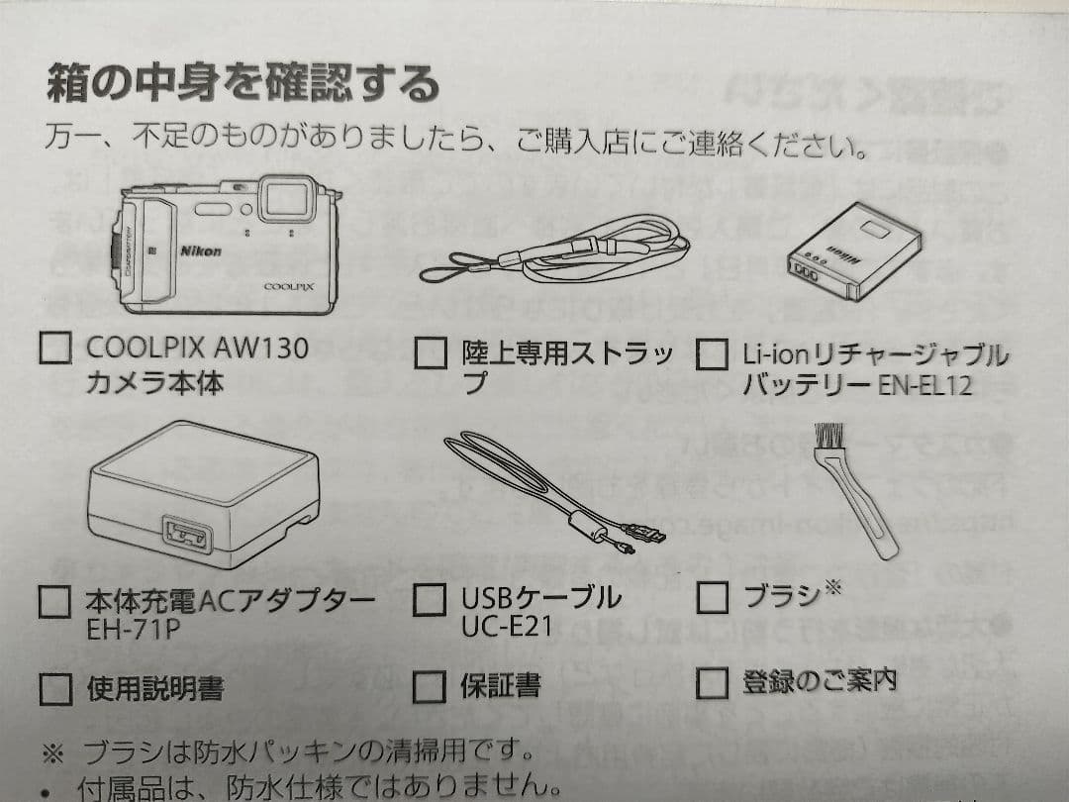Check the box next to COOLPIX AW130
55,348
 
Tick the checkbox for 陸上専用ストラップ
431,353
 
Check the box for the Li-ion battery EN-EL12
712,353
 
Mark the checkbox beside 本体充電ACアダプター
54,602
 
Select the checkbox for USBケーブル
430,599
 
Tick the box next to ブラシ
712,597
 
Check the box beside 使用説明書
55,689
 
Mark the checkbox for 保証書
430,686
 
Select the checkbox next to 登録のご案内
712,682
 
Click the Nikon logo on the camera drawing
200,251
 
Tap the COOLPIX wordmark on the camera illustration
289,286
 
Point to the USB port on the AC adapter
187,533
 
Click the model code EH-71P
133,628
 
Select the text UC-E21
507,626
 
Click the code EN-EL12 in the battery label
924,386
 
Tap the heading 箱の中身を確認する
243,83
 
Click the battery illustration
853,251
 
